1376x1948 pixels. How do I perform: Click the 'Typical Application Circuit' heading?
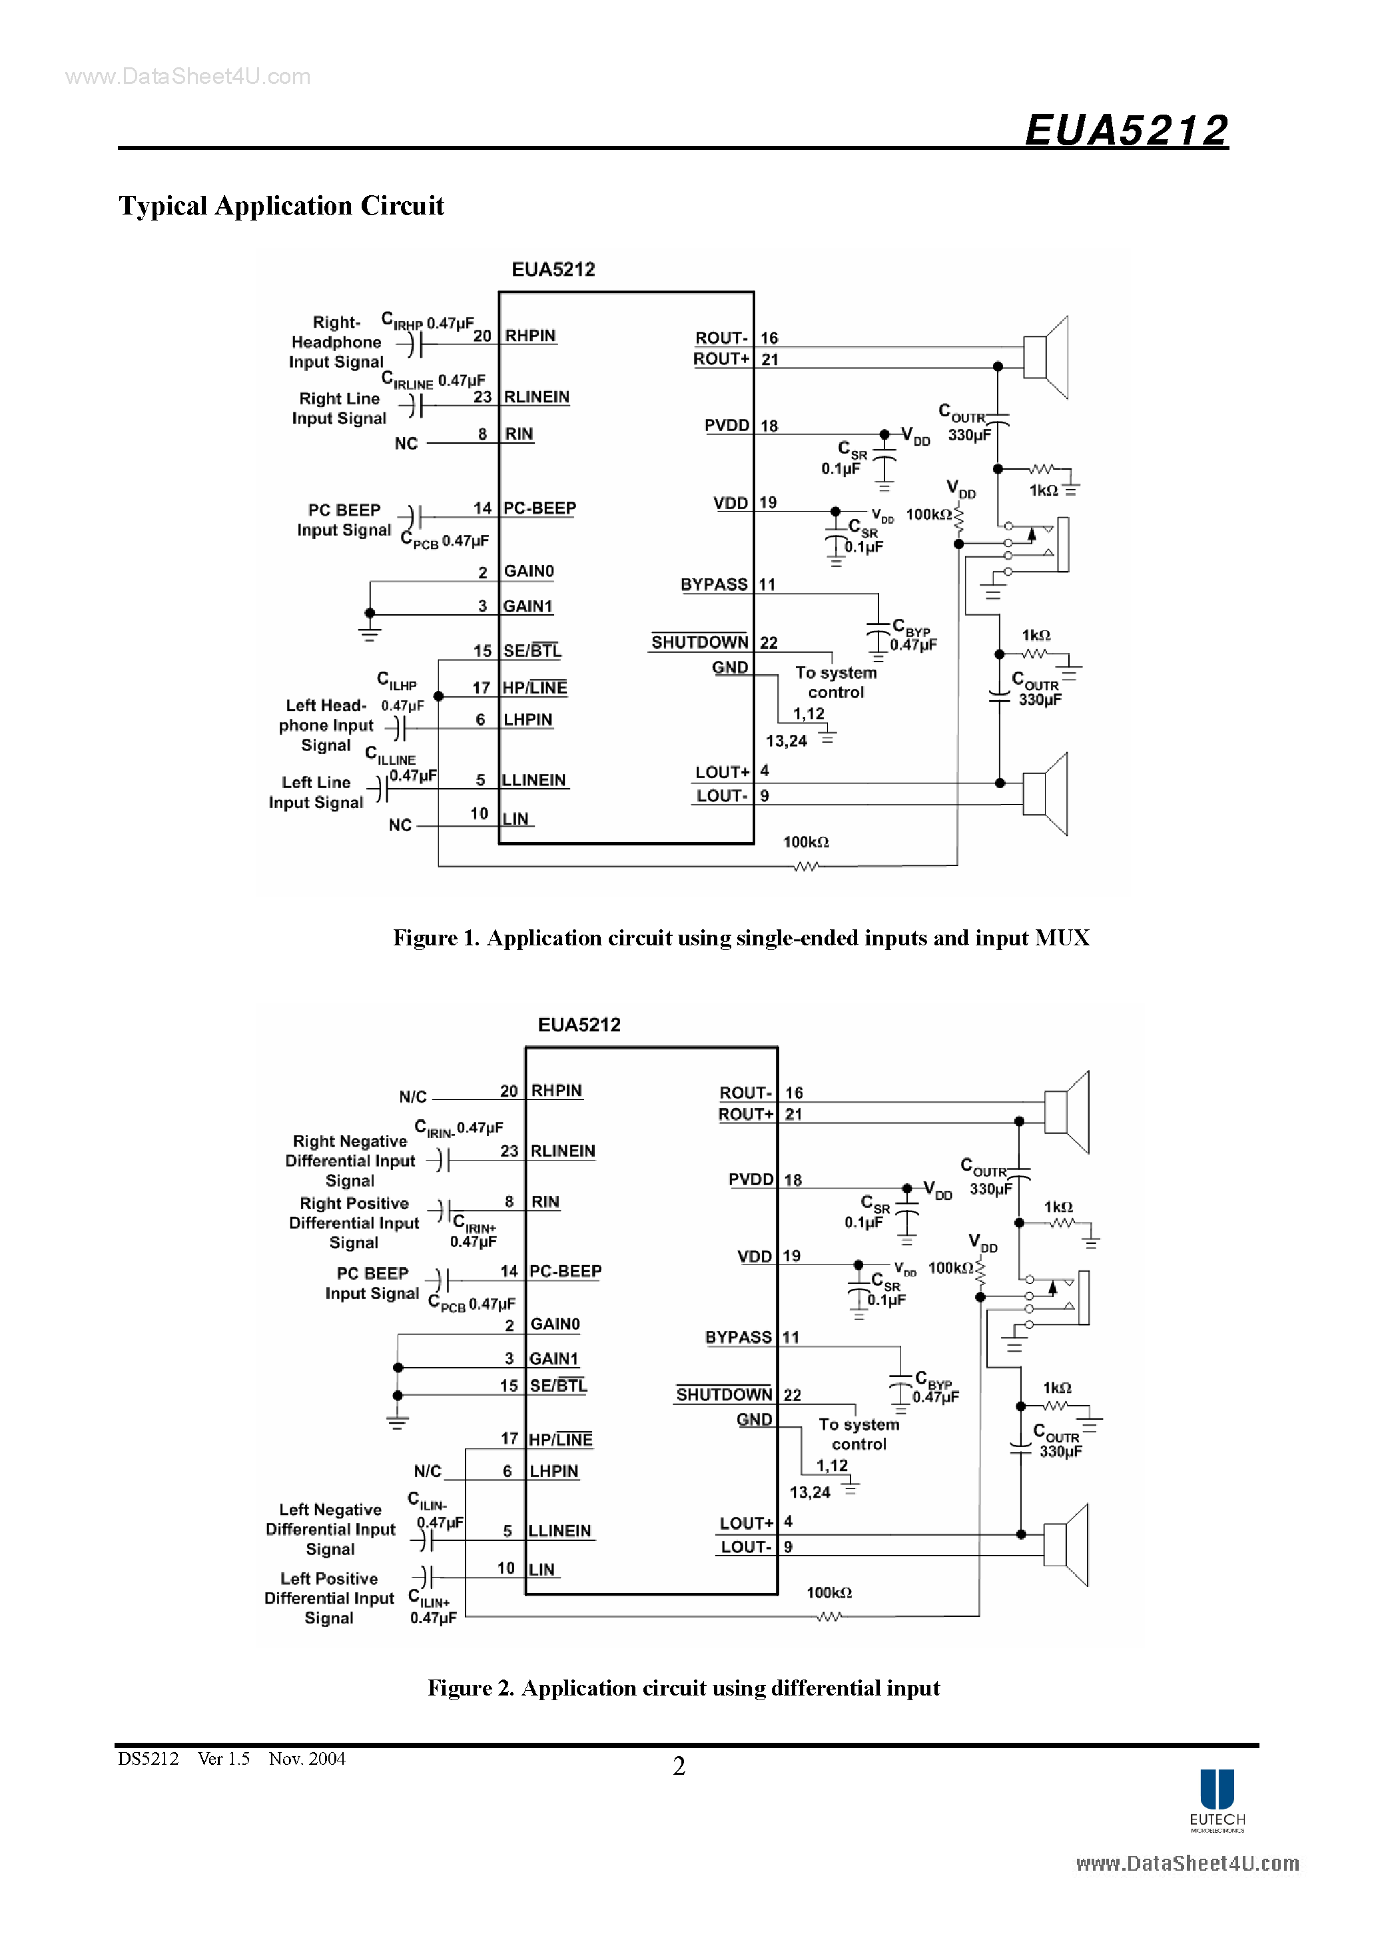pos(281,206)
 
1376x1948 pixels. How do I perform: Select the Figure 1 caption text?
pos(741,937)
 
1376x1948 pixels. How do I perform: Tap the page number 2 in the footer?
pos(679,1765)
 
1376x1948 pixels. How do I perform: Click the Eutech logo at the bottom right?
pos(1217,1799)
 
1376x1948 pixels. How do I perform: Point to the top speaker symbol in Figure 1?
pos(1046,357)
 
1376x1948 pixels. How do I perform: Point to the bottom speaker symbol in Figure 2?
pos(1066,1545)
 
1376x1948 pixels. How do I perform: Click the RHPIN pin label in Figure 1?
pos(530,336)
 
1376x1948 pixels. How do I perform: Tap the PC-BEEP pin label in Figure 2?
pos(565,1271)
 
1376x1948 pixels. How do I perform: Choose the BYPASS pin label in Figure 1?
pos(713,584)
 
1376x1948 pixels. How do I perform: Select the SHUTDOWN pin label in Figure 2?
pos(723,1394)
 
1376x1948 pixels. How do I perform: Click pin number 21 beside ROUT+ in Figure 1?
pos(769,360)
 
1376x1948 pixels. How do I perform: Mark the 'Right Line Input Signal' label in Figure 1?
pos(339,408)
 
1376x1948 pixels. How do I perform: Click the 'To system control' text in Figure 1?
pos(836,682)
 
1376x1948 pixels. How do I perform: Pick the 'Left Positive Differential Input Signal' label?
pos(329,1598)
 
